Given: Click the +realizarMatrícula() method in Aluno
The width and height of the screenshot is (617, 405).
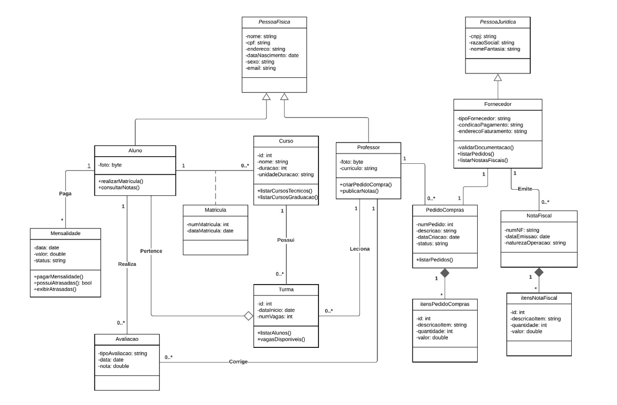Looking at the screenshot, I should [121, 181].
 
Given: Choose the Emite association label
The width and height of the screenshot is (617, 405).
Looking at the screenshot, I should [525, 188].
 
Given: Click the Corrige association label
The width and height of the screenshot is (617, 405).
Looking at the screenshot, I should [239, 362].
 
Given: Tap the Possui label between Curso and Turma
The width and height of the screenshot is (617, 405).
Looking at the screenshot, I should [286, 240].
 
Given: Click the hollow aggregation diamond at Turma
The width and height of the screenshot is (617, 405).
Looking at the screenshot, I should [247, 316].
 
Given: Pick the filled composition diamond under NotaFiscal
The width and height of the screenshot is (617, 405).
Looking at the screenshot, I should [538, 272].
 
